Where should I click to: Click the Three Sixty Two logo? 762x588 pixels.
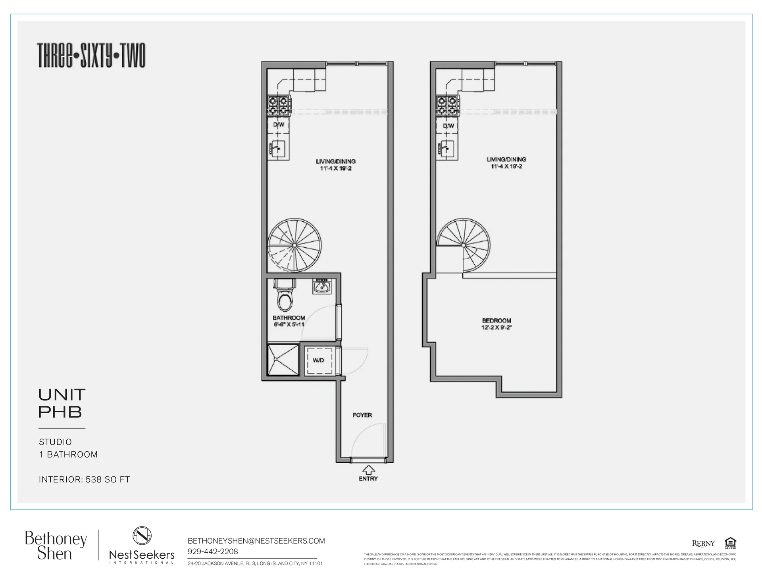coord(91,55)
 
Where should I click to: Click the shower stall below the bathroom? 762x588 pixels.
coord(283,360)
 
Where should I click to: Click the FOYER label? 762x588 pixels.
coord(362,415)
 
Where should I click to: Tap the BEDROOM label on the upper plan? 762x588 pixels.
coord(496,321)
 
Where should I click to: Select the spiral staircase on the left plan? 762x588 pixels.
coord(294,245)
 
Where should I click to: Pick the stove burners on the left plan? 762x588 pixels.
coord(278,105)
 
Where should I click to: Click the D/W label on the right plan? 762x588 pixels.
coord(448,126)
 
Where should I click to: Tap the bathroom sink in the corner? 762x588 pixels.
coord(322,286)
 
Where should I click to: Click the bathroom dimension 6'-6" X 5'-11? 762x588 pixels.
coord(289,325)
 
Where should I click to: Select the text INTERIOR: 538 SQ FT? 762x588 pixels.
coord(84,479)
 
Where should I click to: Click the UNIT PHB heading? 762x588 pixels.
coord(62,403)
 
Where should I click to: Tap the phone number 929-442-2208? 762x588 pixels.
coord(213,552)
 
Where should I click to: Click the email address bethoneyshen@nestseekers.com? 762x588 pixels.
coord(256,541)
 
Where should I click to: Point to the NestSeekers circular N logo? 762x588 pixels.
coord(142,536)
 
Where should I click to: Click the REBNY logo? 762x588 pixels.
coord(703,544)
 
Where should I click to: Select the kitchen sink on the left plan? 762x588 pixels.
coord(278,150)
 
